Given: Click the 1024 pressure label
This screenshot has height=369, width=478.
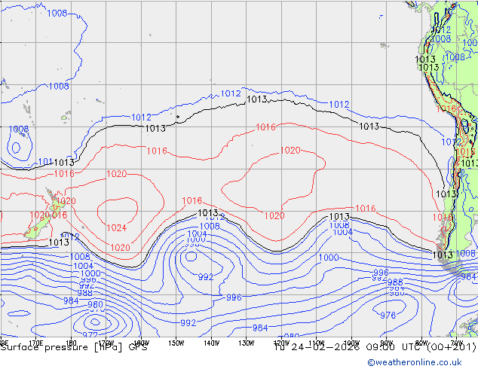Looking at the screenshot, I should click(116, 227).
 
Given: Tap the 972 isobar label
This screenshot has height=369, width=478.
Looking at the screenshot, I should click(90, 334).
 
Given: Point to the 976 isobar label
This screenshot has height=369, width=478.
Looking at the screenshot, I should click(388, 316).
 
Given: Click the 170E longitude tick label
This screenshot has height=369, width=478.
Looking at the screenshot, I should click(35, 343).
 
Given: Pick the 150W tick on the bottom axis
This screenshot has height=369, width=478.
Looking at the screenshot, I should click(176, 343).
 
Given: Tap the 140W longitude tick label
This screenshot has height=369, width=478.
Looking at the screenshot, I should click(211, 343).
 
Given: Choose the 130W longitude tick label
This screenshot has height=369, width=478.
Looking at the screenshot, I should click(246, 343).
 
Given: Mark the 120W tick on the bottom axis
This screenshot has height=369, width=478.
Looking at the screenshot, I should click(281, 343).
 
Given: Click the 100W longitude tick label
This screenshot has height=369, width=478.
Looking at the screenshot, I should click(351, 343).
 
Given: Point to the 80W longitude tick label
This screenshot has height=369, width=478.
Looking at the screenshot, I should click(422, 343).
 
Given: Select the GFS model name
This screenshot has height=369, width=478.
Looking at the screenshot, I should click(138, 348).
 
